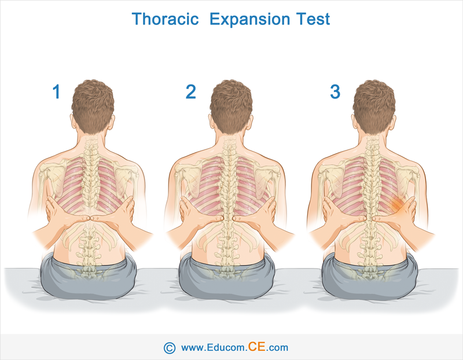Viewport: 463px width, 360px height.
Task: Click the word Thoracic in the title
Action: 165,19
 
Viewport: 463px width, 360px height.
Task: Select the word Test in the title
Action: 313,19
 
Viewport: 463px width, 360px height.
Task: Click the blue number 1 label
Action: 56,91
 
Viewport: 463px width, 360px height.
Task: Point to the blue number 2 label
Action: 191,91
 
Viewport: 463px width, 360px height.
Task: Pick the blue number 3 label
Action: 335,91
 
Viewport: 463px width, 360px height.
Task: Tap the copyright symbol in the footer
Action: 169,348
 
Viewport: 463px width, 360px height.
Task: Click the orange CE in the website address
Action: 256,347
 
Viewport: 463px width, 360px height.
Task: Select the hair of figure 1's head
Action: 93,105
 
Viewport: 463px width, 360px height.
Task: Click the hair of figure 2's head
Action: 231,105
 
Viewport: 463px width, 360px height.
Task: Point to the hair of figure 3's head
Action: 374,105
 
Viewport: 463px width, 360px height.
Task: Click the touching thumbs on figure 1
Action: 90,218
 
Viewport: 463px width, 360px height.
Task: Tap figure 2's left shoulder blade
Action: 186,180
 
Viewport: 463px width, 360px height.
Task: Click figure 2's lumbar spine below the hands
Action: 227,248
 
